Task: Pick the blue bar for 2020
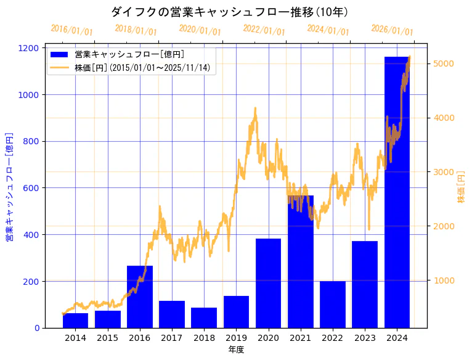pos(268,284)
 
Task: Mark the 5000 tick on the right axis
pos(444,63)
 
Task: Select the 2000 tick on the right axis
pos(444,226)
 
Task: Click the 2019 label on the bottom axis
pos(236,338)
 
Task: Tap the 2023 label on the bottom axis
pos(365,338)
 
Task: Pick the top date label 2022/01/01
pos(264,30)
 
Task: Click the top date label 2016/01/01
pos(71,30)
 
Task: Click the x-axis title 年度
pos(236,350)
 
